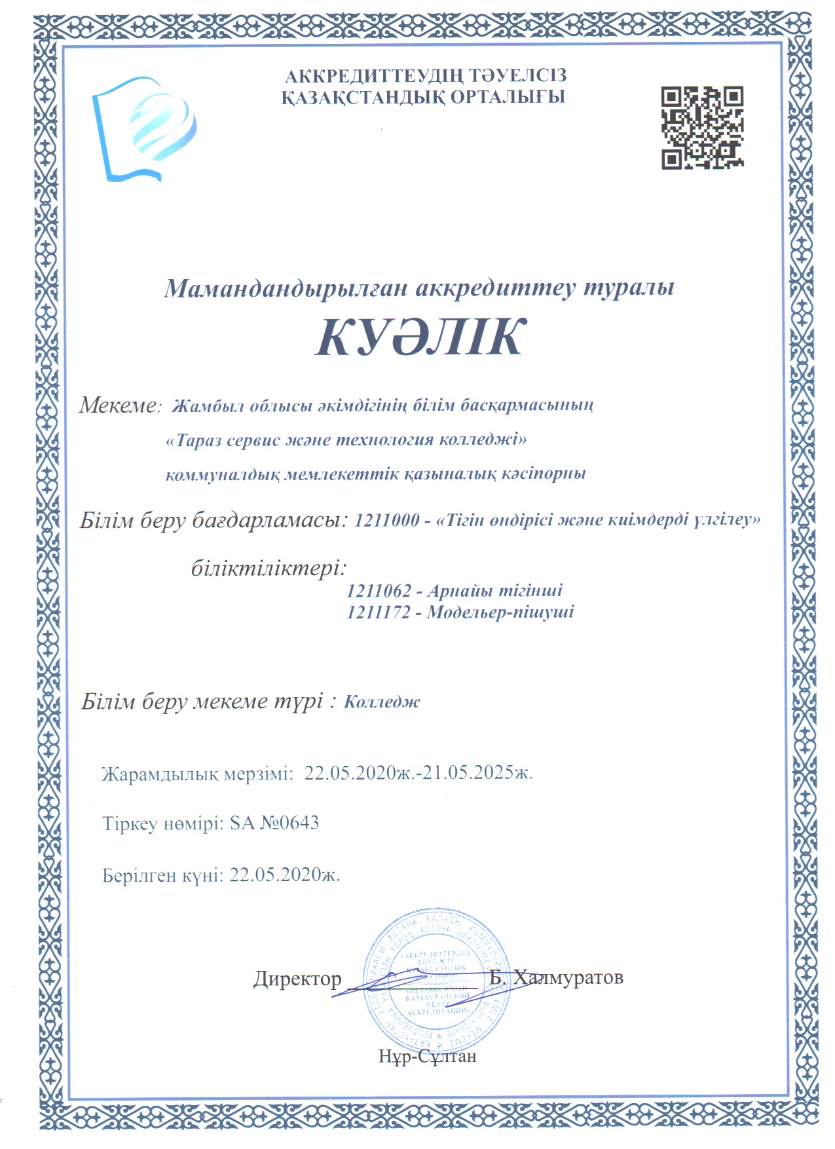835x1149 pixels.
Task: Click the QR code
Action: pos(701,128)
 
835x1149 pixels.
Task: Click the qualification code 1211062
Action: pos(379,591)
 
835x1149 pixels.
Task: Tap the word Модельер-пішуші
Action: pos(500,612)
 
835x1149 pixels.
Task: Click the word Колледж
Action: pos(382,702)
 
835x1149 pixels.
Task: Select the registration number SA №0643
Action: pos(274,823)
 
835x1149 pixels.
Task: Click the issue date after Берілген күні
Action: pos(285,875)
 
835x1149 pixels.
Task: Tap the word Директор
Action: pos(297,979)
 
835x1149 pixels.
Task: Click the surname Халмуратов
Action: pos(568,977)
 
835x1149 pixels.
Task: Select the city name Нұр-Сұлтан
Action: pos(427,1056)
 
